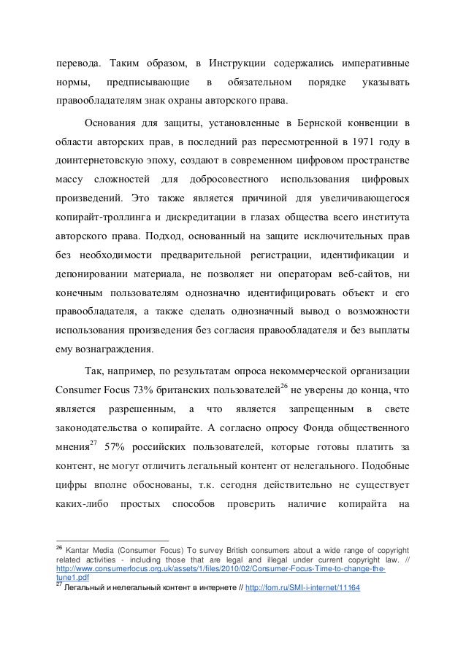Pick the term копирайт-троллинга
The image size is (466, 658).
click(103, 217)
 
